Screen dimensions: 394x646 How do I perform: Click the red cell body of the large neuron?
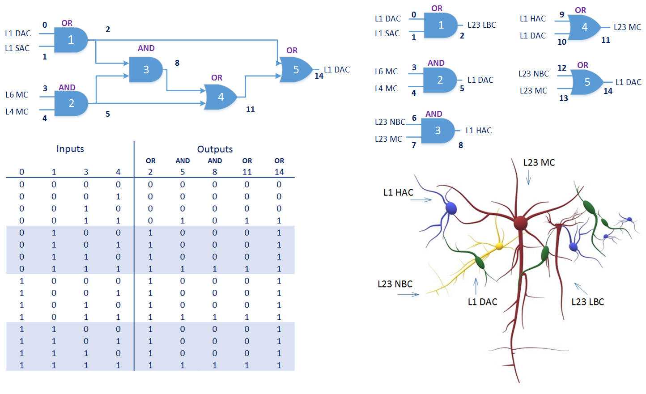coord(520,222)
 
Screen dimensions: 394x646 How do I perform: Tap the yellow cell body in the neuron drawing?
coord(499,246)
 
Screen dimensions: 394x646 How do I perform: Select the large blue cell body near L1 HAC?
coord(451,208)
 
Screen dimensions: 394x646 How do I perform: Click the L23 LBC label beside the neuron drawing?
coord(587,302)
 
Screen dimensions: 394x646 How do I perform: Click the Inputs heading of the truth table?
coord(70,149)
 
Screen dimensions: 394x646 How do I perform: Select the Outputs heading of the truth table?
coord(215,149)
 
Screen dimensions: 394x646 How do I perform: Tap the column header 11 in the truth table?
coord(247,172)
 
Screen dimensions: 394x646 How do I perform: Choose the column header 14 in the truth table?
coord(279,172)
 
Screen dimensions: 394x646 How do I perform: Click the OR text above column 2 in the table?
coord(150,161)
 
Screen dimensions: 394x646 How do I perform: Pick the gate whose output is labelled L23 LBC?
coord(440,25)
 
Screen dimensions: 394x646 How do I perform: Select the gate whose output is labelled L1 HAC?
coord(438,131)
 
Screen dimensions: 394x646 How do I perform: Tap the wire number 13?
coord(563,98)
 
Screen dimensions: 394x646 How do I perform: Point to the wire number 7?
coord(414,145)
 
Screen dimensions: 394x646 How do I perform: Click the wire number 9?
coord(562,14)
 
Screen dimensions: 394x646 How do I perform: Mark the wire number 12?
coord(562,68)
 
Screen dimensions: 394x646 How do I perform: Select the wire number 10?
coord(562,42)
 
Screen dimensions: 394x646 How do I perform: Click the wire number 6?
coord(414,118)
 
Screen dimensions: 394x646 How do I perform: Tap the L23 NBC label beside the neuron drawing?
coord(395,284)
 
